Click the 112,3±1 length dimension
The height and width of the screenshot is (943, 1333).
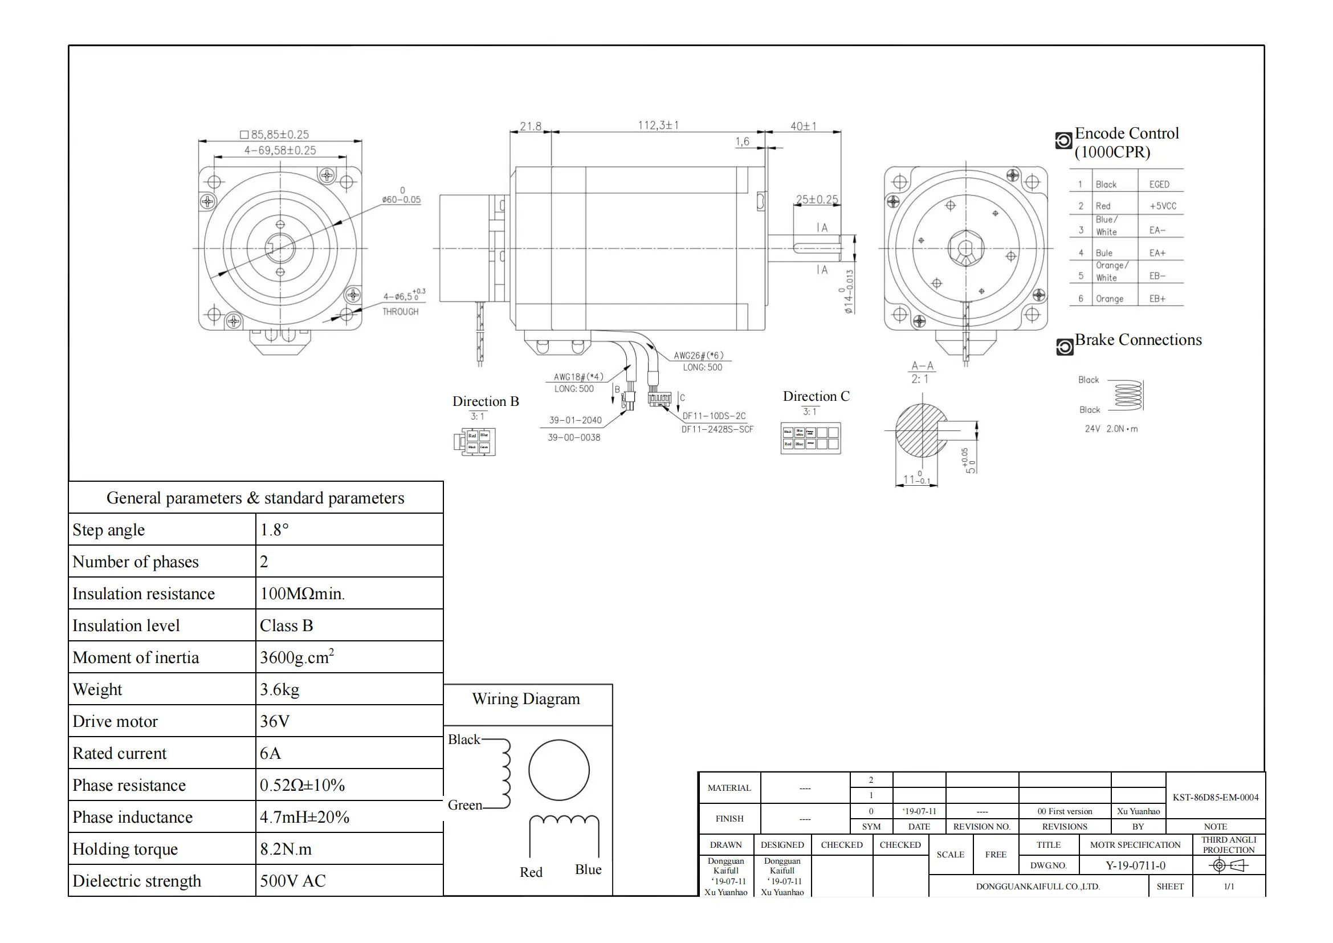(x=658, y=125)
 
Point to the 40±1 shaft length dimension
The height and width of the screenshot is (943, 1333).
(x=804, y=126)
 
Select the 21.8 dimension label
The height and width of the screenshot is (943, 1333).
(x=530, y=126)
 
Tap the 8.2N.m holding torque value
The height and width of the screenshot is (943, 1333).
(x=286, y=849)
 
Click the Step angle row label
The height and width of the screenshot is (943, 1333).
(x=109, y=530)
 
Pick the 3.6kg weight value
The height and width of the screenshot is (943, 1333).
(x=279, y=689)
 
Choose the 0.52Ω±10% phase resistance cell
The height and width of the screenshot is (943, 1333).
(x=302, y=785)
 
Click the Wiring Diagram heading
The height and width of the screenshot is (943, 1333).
(x=526, y=698)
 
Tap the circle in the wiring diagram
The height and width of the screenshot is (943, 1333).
(x=559, y=771)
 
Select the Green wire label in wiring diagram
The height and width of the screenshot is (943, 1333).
(x=464, y=805)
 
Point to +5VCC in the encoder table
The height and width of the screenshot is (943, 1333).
(x=1162, y=206)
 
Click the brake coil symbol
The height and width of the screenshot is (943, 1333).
(x=1128, y=396)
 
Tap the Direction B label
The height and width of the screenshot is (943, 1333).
(x=486, y=401)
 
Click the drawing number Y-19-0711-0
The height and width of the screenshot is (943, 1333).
(x=1135, y=866)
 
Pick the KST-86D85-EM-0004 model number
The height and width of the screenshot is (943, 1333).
(x=1215, y=797)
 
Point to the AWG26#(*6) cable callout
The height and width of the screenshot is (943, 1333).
(x=699, y=355)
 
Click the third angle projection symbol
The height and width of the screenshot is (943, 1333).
(x=1228, y=866)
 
